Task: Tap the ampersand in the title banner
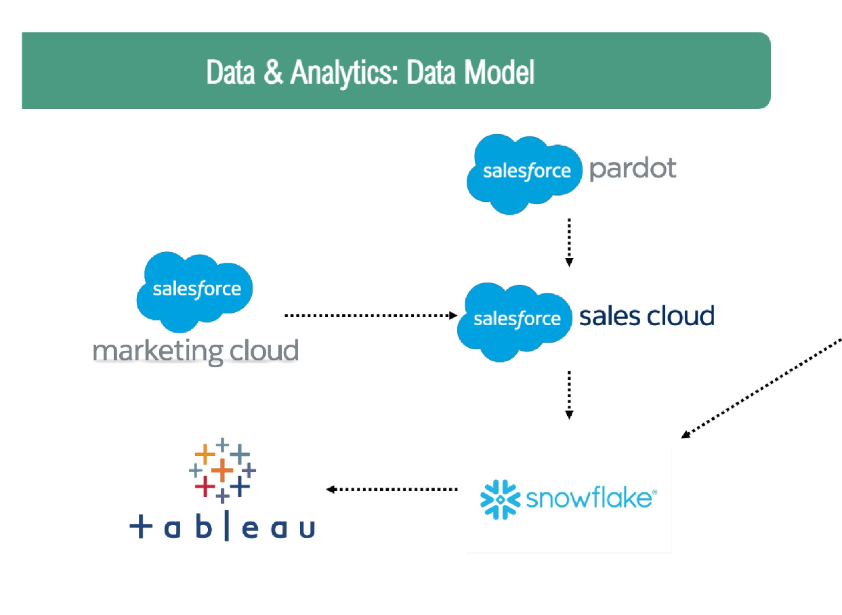click(x=273, y=72)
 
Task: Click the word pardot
click(x=632, y=168)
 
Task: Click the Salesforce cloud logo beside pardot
click(x=525, y=173)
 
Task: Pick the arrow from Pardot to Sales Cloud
click(x=569, y=242)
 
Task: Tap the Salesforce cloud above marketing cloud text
click(x=196, y=289)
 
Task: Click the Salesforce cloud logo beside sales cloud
click(x=517, y=318)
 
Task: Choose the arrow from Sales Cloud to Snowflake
click(x=569, y=394)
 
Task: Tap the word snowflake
click(x=587, y=499)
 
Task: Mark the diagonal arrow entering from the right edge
click(x=762, y=388)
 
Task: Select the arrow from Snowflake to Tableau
click(x=392, y=489)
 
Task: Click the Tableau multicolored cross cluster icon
click(x=222, y=470)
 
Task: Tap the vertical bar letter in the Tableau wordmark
click(x=226, y=526)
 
